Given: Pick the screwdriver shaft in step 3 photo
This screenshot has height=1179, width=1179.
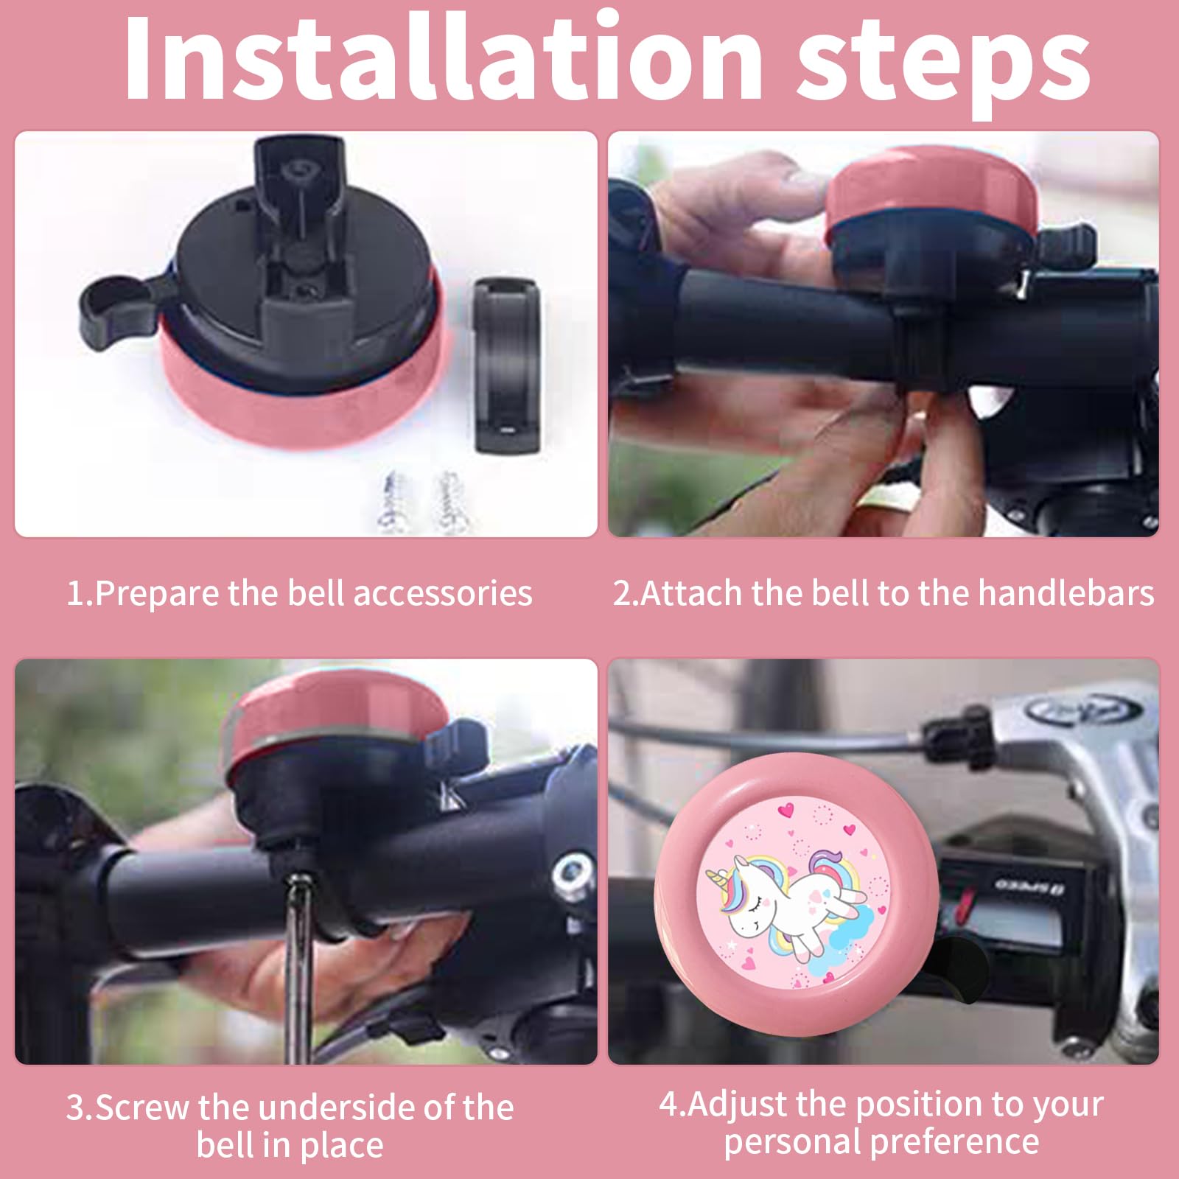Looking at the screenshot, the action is click(296, 965).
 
